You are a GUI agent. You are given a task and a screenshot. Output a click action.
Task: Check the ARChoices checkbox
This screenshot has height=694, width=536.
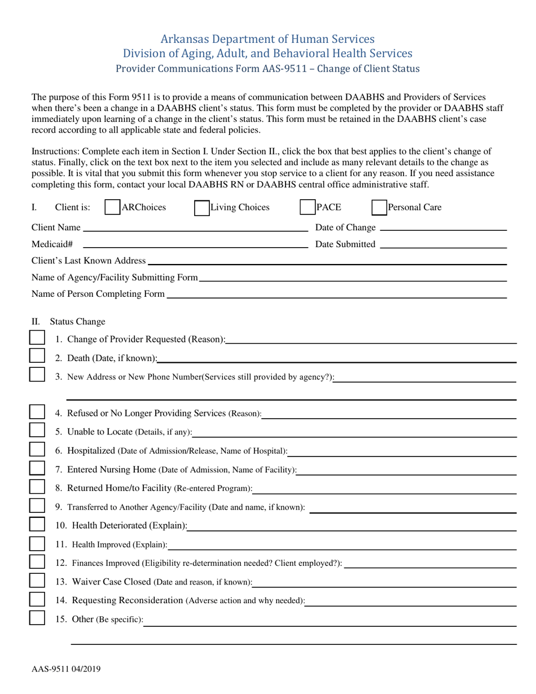click(112, 208)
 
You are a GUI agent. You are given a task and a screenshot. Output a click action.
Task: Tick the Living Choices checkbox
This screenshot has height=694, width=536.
click(201, 208)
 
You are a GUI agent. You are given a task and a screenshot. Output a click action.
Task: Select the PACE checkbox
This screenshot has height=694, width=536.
click(307, 208)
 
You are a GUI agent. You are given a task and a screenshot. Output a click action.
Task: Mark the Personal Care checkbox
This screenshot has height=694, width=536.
click(379, 208)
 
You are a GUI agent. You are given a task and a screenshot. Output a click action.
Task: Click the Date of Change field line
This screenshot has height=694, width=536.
click(443, 229)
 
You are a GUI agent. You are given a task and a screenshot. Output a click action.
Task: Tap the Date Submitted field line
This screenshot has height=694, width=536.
click(443, 245)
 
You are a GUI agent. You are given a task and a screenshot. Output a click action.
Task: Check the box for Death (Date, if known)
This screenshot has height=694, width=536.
click(37, 356)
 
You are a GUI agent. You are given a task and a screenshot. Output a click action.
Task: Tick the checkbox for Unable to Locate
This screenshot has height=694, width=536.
click(37, 431)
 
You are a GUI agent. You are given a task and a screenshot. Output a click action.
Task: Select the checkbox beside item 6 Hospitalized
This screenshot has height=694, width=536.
click(37, 449)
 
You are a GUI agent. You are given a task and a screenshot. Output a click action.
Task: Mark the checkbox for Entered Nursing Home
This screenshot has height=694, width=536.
click(37, 468)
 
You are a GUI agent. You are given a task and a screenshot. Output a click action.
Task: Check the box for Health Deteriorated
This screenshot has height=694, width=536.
click(37, 524)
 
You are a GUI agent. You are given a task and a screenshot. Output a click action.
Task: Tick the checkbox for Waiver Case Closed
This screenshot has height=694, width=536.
click(37, 581)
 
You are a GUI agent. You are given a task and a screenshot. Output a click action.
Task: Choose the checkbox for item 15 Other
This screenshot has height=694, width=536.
click(37, 618)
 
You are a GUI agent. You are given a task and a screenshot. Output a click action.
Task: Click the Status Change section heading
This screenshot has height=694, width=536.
click(77, 322)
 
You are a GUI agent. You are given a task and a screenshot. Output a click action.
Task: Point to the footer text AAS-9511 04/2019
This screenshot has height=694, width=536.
click(66, 670)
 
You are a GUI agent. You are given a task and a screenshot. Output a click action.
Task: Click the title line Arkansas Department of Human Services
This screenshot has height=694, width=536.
click(267, 39)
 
